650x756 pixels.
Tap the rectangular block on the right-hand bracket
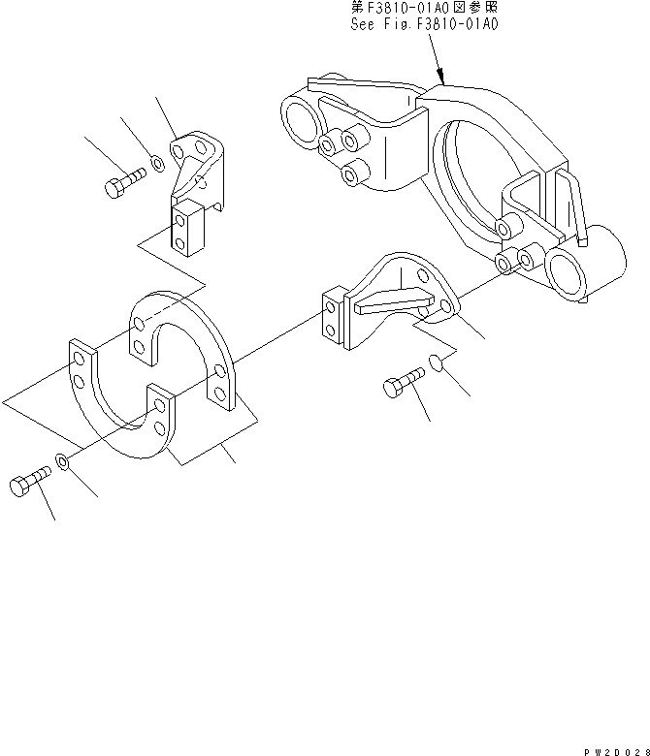click(x=332, y=317)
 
